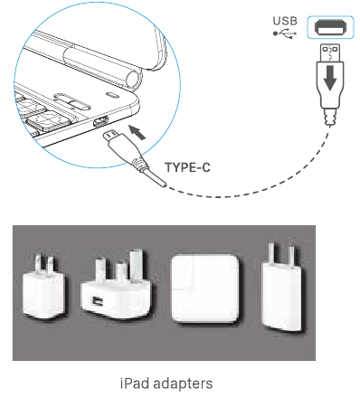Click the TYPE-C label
point(187,166)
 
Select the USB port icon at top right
point(327,27)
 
